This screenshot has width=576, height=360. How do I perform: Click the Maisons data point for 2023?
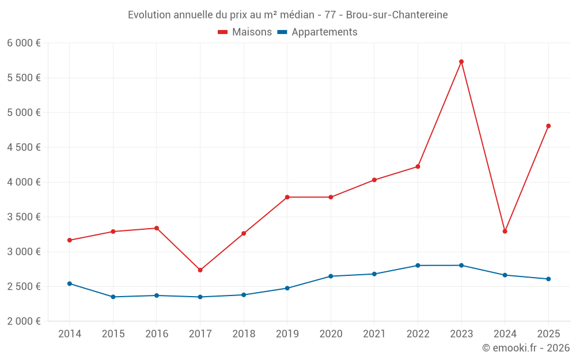click(461, 62)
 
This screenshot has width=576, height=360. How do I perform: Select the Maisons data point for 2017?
click(200, 270)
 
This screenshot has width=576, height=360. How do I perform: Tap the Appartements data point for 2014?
click(70, 283)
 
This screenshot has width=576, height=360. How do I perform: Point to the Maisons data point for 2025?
click(548, 126)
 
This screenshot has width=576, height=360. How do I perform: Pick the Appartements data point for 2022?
click(418, 266)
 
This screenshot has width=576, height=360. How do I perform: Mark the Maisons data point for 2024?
click(505, 232)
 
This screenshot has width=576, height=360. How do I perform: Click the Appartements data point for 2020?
click(331, 276)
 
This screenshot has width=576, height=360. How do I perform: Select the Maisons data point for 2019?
click(287, 197)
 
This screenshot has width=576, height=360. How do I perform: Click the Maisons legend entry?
click(245, 32)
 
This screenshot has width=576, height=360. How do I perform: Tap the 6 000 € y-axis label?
click(24, 43)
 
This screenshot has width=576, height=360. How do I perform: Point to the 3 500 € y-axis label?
click(24, 217)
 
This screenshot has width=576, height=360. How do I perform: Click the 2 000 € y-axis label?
click(24, 321)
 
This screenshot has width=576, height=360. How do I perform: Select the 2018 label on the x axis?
click(244, 334)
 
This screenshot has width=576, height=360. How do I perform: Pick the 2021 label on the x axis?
click(374, 334)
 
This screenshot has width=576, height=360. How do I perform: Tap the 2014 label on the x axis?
click(70, 334)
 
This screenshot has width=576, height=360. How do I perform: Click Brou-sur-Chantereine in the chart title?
click(397, 15)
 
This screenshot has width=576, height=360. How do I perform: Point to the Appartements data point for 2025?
click(548, 279)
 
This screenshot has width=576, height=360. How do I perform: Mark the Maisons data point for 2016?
click(157, 228)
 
